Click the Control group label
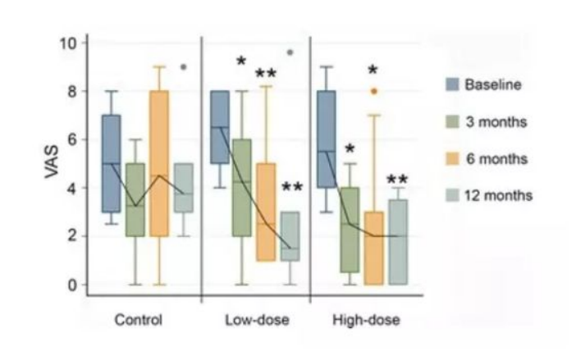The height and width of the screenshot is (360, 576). coord(139,320)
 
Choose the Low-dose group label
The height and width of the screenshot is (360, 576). coord(256,320)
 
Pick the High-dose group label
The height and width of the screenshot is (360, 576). coord(367,320)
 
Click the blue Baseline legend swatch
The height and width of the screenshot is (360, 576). coord(451,84)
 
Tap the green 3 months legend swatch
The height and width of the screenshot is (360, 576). coord(451,121)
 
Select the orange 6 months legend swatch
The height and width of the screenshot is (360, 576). coord(451,158)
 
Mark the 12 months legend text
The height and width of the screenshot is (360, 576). coord(498,195)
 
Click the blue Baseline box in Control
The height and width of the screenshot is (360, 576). coord(111,164)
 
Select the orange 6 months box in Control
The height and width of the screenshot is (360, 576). coord(159,163)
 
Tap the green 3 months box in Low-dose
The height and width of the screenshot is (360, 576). coord(241,188)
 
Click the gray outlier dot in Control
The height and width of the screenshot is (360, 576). coord(183,67)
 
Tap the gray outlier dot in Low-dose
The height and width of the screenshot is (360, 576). coord(290,52)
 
